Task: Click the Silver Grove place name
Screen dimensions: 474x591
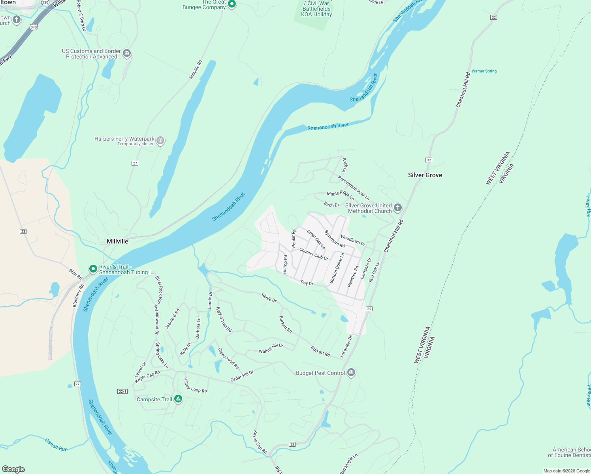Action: (425, 175)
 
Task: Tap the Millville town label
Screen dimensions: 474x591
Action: (117, 241)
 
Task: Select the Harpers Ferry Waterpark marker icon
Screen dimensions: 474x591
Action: (160, 141)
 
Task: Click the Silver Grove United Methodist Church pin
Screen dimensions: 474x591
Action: (398, 208)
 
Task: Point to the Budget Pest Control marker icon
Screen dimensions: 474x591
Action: (351, 372)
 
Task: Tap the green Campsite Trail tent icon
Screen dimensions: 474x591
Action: (178, 399)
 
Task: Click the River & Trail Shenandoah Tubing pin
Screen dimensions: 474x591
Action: (93, 269)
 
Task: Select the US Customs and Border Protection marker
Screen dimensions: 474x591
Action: (127, 53)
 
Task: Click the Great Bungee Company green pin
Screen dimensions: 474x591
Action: (232, 4)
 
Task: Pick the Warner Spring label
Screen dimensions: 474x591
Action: (484, 71)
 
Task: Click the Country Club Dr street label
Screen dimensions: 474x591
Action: (314, 254)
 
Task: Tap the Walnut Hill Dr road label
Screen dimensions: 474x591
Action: (271, 348)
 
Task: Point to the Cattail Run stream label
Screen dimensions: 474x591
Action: (56, 445)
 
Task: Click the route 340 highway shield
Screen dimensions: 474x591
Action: (34, 27)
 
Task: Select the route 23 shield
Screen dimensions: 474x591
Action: (23, 231)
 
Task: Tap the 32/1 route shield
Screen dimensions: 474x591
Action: (122, 391)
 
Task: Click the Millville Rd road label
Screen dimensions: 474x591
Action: (196, 70)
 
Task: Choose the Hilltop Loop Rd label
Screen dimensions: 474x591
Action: (195, 386)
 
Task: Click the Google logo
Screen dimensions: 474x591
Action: (13, 469)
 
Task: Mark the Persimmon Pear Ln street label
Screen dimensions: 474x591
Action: (354, 188)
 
